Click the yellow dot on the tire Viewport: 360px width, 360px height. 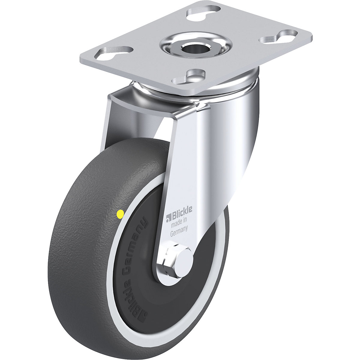point(120,214)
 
